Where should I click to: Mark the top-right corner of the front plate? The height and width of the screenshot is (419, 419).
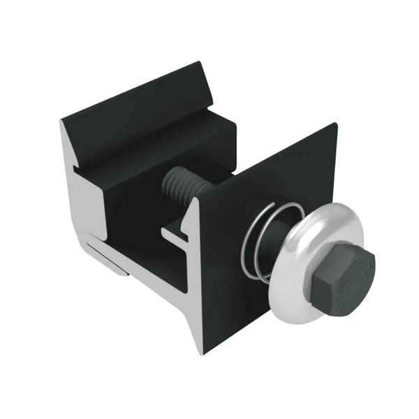tap(336, 125)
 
